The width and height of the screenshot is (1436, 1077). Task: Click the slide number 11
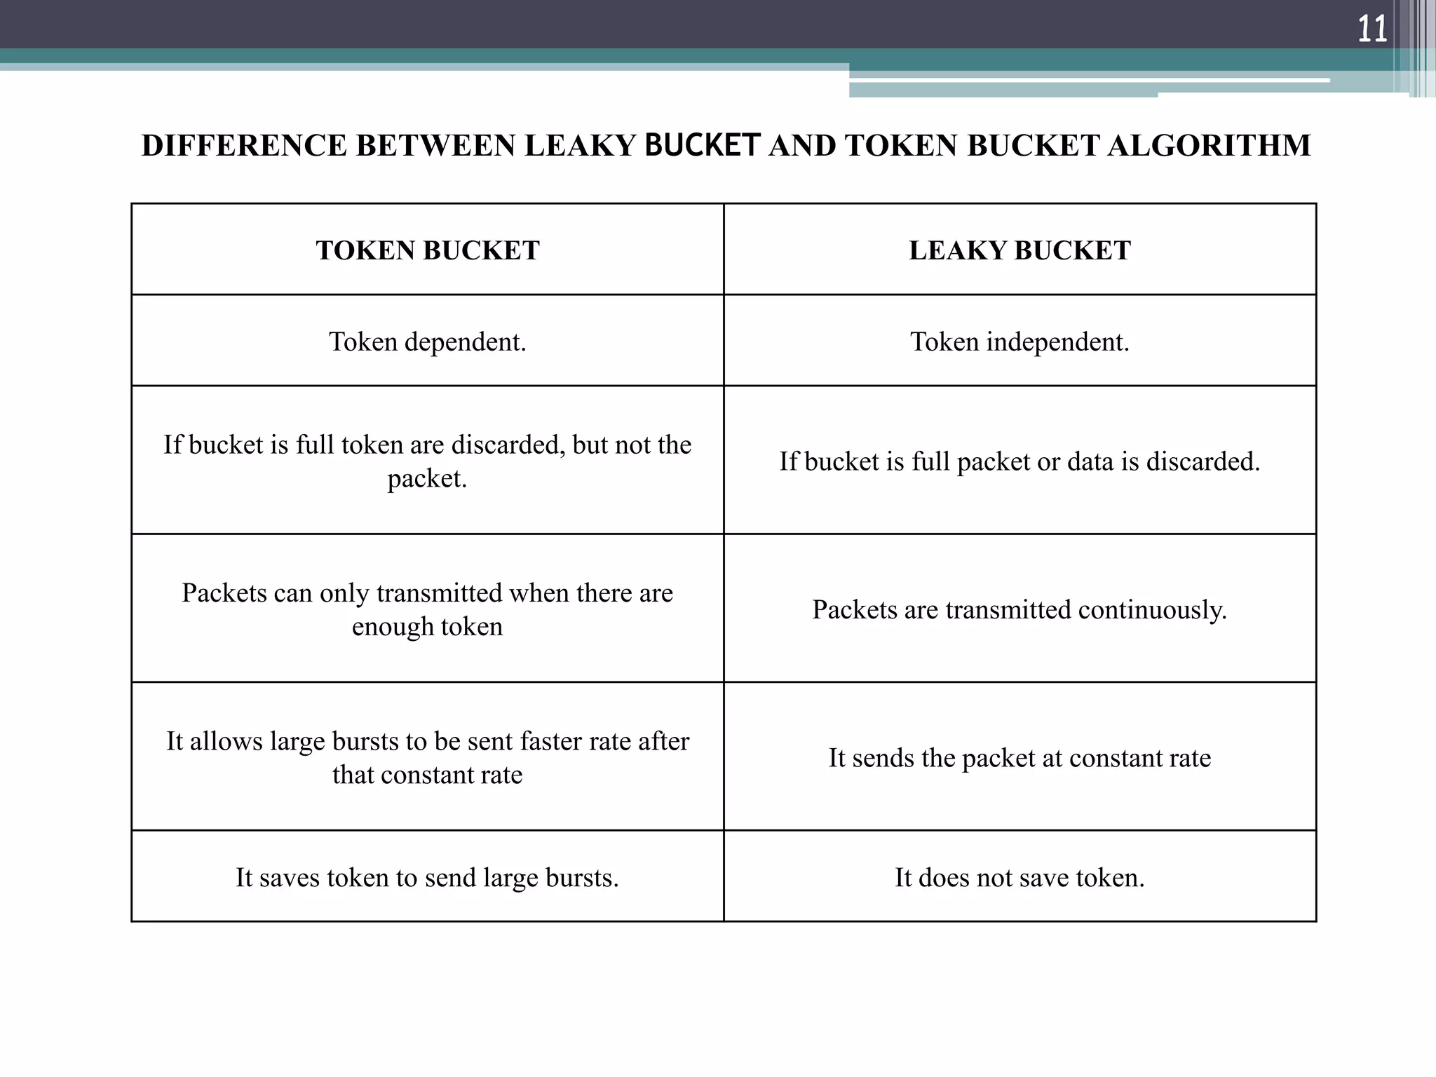[1372, 30]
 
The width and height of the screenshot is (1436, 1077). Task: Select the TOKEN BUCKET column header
[428, 250]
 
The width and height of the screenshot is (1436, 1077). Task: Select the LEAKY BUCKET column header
[1020, 250]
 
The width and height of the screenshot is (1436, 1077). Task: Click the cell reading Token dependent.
[428, 342]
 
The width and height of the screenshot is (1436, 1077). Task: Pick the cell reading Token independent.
[1020, 342]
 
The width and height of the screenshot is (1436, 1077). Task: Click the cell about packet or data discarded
[1020, 461]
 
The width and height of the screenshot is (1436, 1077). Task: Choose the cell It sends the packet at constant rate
[1020, 758]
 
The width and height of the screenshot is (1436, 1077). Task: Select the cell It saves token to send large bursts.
[428, 878]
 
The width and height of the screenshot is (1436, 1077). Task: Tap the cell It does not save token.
[1020, 878]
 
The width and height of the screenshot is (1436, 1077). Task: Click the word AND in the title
[802, 146]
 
